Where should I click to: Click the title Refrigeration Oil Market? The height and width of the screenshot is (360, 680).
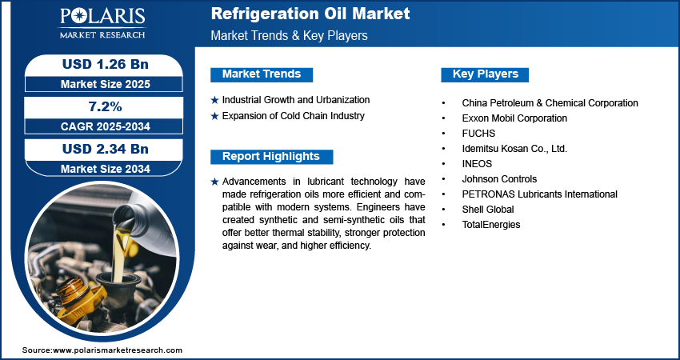point(310,14)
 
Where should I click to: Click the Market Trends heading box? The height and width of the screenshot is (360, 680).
point(261,74)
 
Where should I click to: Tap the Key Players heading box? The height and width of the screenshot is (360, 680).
point(485,74)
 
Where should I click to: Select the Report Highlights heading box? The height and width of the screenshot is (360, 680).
point(270,157)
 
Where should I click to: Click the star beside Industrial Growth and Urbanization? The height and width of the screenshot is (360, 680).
point(214,101)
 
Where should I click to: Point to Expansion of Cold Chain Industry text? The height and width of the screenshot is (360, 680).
point(293,116)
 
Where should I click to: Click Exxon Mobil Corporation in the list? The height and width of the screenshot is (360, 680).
point(514,118)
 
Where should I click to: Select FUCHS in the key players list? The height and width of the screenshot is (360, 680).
point(478,134)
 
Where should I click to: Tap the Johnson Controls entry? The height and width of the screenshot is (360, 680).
point(499,179)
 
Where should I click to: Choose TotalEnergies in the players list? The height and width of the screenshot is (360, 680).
point(490,225)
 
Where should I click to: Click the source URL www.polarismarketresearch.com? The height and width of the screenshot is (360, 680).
point(118,350)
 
